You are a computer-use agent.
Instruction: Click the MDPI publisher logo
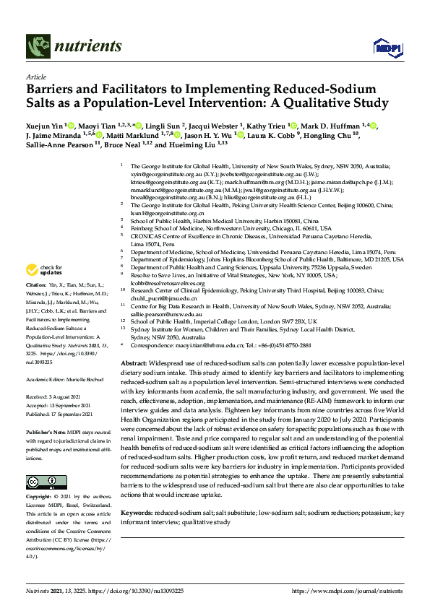click(x=384, y=48)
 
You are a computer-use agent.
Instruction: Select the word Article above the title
click(x=35, y=77)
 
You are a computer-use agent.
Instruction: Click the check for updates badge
click(x=43, y=270)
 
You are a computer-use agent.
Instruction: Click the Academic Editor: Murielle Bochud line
click(x=66, y=378)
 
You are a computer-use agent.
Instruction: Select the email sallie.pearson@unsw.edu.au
click(x=167, y=315)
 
